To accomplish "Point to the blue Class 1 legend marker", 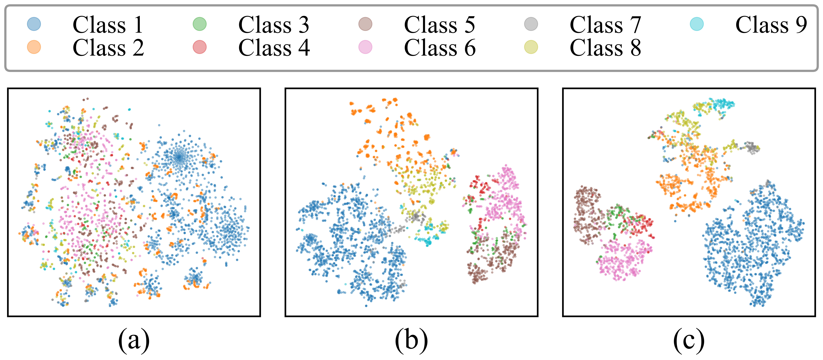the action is point(34,24).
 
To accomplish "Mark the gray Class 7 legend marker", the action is point(531,24).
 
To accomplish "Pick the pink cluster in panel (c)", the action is point(621,260).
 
